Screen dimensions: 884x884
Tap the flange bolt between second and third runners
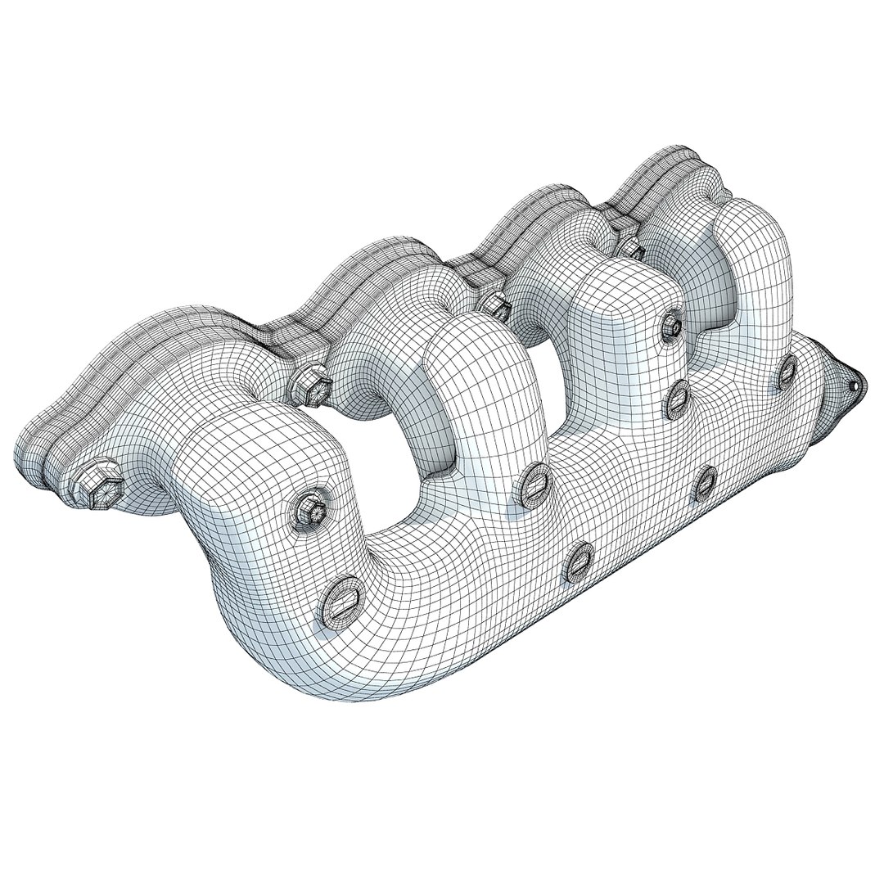pos(495,304)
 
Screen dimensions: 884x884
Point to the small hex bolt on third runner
pos(672,326)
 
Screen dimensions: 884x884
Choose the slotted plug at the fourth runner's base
pos(787,372)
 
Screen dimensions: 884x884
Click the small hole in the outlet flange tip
pos(855,381)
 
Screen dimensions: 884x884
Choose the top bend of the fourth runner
pos(749,221)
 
